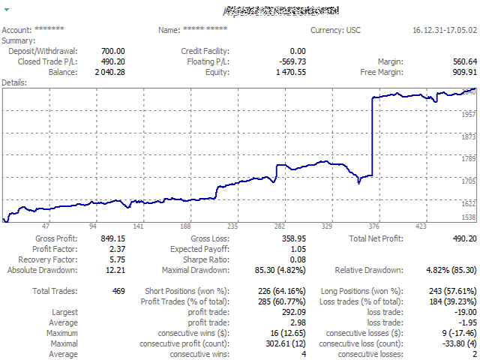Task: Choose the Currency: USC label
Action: tap(336, 30)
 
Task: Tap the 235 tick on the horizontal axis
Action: tap(232, 226)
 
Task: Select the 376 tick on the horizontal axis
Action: tap(374, 226)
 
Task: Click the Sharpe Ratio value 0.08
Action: tap(298, 259)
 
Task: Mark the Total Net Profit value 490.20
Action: tap(462, 238)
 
